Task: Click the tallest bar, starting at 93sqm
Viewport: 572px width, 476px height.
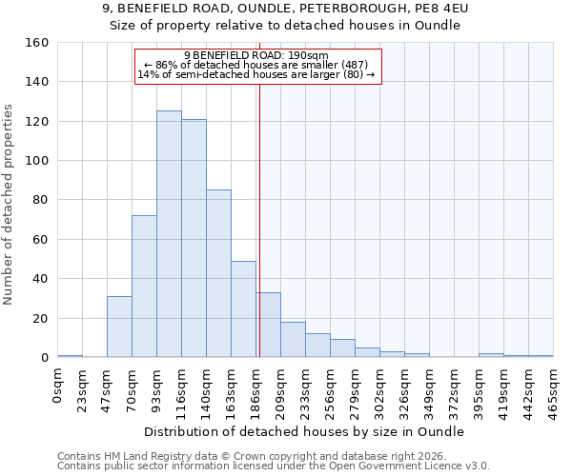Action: (x=169, y=234)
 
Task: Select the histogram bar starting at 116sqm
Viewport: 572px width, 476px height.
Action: (x=194, y=238)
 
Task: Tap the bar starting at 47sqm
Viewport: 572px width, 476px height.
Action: (x=119, y=327)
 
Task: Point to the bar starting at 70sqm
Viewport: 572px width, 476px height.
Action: (x=144, y=287)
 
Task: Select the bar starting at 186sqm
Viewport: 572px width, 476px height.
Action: (x=268, y=325)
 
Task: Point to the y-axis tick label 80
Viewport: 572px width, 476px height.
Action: (x=41, y=200)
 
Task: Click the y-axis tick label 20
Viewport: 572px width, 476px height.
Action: (x=41, y=318)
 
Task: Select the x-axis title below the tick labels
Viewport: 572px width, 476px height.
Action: (x=305, y=431)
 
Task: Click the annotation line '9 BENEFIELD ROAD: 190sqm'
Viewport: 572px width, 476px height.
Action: (x=256, y=56)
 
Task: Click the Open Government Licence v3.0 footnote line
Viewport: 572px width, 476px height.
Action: (x=274, y=466)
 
